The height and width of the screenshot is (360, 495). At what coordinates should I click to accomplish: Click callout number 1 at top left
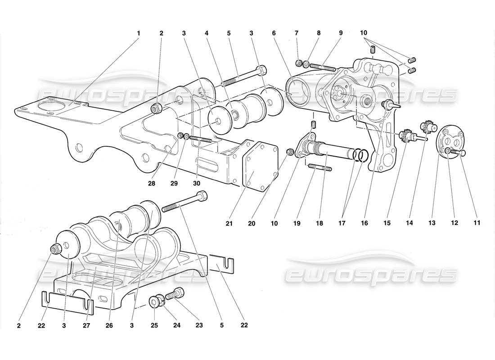click(139, 33)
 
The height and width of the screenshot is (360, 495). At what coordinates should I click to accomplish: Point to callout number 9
click(341, 33)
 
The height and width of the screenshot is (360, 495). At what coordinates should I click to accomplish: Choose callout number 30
click(196, 183)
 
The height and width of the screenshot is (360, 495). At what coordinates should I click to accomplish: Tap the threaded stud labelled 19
click(320, 168)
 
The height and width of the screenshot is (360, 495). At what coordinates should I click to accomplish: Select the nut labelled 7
click(298, 62)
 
